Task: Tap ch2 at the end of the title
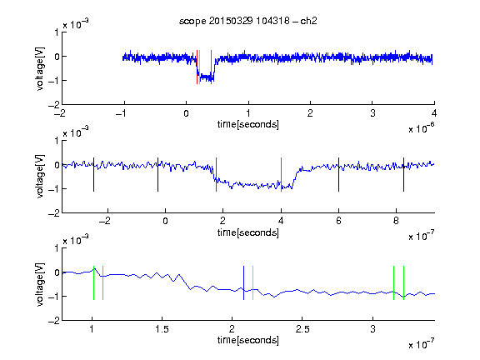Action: [308, 21]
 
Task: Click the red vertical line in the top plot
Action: [197, 67]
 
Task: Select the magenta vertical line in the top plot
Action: [211, 67]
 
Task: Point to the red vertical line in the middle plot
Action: [216, 174]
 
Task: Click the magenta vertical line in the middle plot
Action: [281, 174]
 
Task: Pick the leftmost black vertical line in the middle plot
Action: [93, 174]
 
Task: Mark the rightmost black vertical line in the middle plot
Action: [403, 174]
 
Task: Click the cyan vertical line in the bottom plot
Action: [252, 282]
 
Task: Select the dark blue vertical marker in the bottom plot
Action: [243, 282]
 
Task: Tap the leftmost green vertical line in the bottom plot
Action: [93, 282]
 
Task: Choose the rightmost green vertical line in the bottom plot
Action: [404, 282]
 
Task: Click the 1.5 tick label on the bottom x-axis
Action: [162, 329]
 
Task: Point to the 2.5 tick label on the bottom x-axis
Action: [302, 329]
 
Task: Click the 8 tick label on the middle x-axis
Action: [396, 221]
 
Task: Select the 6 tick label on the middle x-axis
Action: [338, 221]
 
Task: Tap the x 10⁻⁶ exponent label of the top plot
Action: [422, 128]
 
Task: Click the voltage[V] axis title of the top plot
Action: [40, 68]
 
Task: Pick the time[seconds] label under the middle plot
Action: [248, 233]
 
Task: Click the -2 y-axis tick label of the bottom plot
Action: [54, 321]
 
